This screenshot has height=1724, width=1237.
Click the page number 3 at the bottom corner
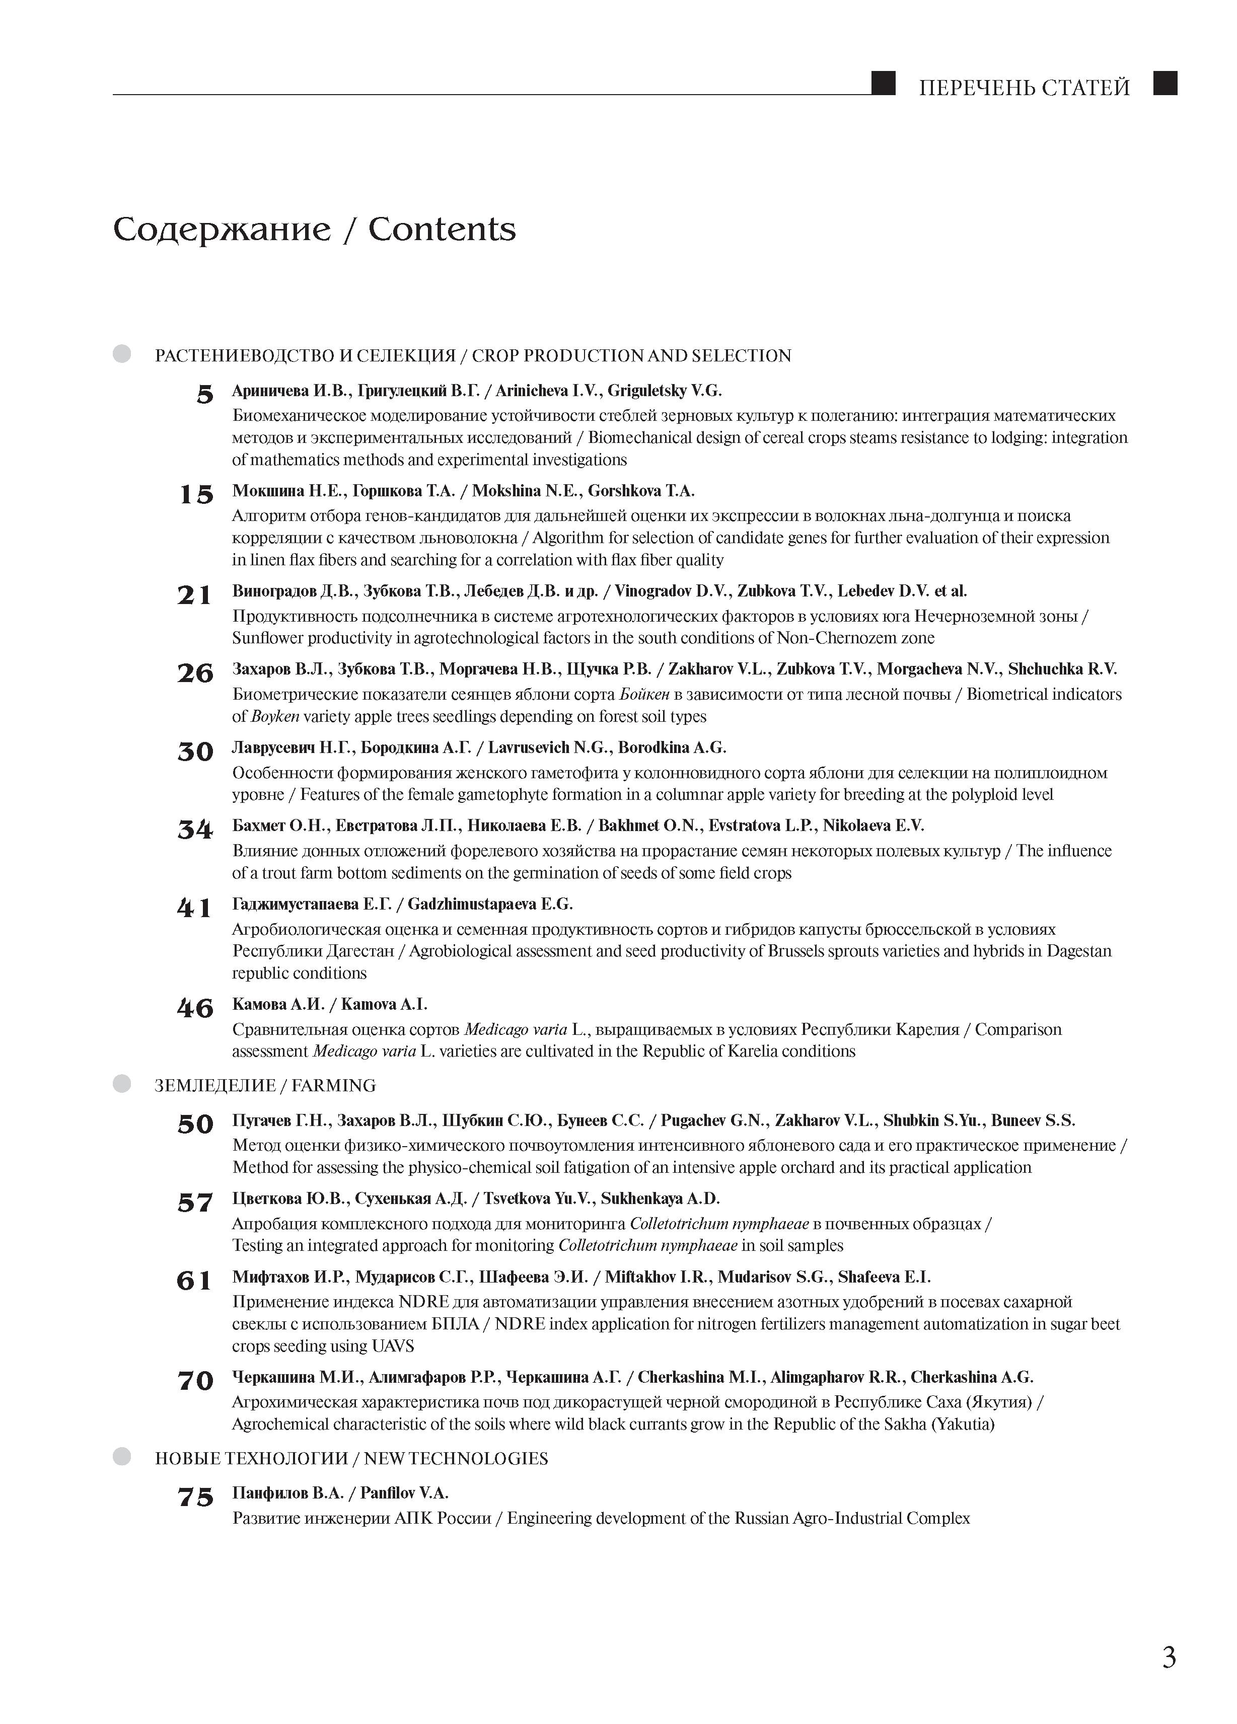1169,1657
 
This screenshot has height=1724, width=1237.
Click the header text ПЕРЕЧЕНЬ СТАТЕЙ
1024,88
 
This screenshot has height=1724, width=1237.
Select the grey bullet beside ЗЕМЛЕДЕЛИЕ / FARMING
122,1084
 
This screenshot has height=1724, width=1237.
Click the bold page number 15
195,495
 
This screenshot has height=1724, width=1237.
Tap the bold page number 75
195,1496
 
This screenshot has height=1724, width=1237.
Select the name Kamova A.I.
384,1004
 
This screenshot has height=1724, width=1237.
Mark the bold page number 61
195,1281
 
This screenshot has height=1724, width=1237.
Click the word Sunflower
266,638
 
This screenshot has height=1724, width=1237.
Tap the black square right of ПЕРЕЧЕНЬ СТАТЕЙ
1165,83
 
